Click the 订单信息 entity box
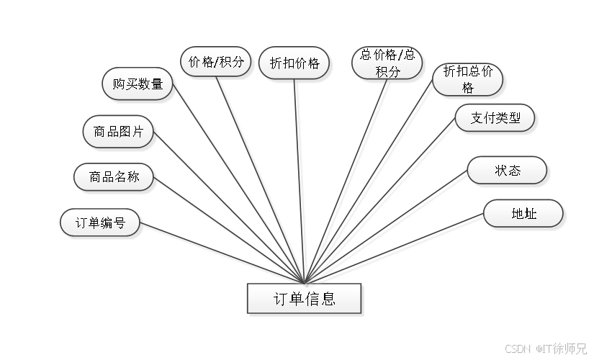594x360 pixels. point(305,299)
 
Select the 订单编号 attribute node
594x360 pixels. point(100,223)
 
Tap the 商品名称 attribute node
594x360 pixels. point(114,176)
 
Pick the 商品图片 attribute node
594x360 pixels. point(118,132)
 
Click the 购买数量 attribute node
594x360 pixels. point(138,84)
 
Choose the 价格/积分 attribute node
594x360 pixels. point(216,62)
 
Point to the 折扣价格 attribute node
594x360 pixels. point(294,63)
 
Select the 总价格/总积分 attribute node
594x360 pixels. point(387,63)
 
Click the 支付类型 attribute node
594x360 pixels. point(495,118)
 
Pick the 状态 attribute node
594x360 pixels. point(507,171)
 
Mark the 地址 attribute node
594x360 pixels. point(523,214)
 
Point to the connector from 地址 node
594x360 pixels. point(396,248)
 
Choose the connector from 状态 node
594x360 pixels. point(389,227)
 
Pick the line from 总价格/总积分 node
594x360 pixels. point(349,173)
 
